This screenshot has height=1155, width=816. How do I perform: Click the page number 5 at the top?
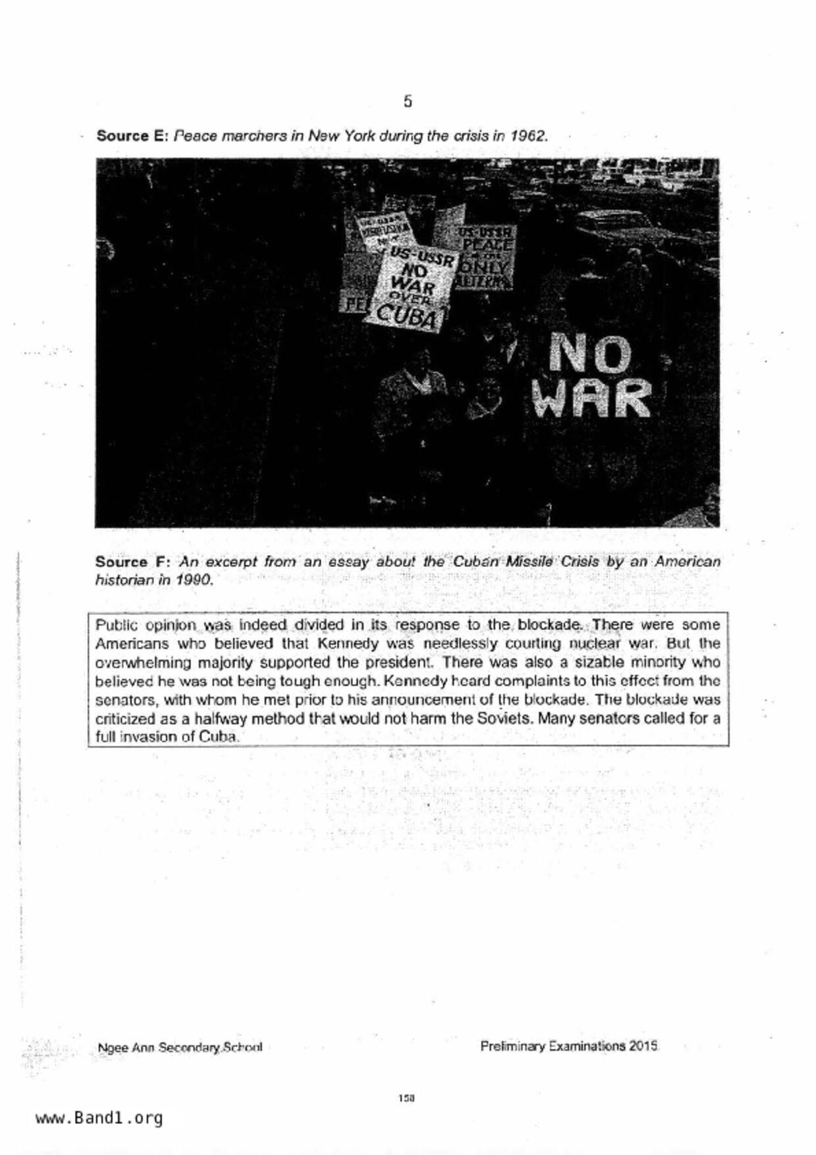[408, 101]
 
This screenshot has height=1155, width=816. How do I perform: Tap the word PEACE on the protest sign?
[487, 245]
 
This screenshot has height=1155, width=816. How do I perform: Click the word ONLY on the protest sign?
[486, 267]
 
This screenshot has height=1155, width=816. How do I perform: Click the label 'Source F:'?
[133, 562]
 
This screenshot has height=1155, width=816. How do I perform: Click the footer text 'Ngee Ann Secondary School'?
[179, 1047]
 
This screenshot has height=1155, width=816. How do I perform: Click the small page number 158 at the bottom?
[406, 1098]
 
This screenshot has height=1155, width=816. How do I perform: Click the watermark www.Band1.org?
[99, 1118]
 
